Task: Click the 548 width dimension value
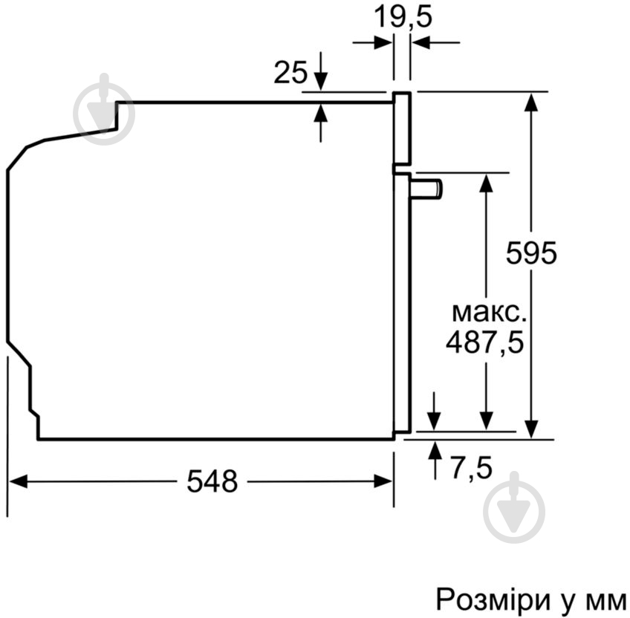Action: [x=212, y=482]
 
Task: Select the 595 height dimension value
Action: [x=530, y=253]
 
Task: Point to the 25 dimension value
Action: [x=290, y=72]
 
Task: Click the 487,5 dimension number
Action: [x=485, y=342]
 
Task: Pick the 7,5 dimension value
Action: [x=471, y=468]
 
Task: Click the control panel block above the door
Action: [x=402, y=128]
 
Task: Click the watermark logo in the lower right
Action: [x=514, y=507]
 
